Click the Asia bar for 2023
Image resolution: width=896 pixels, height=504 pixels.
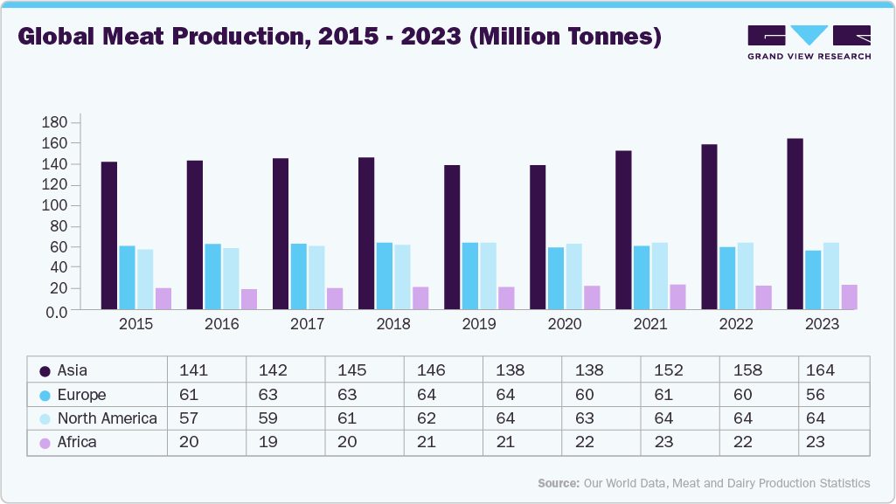tap(795, 224)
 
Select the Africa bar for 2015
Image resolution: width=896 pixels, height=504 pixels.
tap(163, 298)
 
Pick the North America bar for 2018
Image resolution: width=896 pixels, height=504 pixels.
tap(402, 276)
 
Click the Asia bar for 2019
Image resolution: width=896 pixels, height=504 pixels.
tap(452, 237)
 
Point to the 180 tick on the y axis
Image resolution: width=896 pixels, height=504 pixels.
tap(55, 122)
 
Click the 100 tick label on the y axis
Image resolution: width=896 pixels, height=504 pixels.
tap(55, 205)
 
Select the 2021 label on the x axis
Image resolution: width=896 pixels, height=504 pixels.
tap(650, 324)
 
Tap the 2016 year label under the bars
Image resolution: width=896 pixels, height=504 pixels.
tap(222, 324)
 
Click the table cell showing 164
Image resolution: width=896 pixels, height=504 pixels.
tap(821, 370)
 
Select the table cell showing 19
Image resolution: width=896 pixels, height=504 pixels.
tap(267, 442)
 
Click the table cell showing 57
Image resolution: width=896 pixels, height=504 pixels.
tap(188, 418)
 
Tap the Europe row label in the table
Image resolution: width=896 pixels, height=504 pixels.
tap(81, 395)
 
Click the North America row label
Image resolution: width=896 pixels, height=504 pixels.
tap(107, 418)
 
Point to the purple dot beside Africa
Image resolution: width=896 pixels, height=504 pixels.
tap(45, 443)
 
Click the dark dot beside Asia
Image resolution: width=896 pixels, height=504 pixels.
tap(45, 370)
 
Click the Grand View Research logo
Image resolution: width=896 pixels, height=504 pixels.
tap(809, 42)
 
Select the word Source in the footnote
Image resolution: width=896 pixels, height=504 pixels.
tap(558, 483)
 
